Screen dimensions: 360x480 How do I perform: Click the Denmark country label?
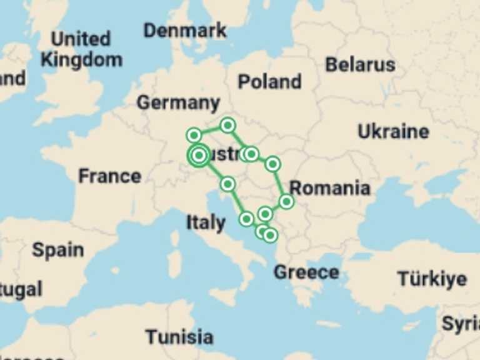click(x=184, y=30)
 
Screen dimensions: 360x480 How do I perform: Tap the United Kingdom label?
click(x=81, y=49)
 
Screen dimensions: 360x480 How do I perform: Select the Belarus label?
click(x=360, y=64)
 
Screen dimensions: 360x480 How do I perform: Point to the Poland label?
click(x=269, y=81)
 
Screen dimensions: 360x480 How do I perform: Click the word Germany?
click(x=178, y=102)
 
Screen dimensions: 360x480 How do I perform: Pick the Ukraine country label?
click(x=393, y=132)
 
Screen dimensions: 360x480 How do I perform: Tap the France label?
click(x=109, y=176)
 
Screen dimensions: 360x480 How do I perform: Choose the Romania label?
click(x=329, y=187)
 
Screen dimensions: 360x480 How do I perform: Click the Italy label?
click(x=206, y=222)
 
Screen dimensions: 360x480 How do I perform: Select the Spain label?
click(x=57, y=250)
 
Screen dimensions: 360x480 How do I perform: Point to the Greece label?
click(x=306, y=272)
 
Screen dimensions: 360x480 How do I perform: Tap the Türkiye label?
click(x=432, y=279)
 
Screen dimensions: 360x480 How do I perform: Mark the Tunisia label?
click(x=179, y=337)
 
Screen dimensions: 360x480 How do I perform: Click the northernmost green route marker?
click(x=227, y=126)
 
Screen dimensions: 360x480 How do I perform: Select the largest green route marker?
click(x=199, y=155)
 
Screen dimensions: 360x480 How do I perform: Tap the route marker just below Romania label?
click(x=286, y=201)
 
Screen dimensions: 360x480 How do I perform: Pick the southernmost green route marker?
click(x=269, y=235)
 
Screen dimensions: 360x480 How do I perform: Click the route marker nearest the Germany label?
click(x=194, y=134)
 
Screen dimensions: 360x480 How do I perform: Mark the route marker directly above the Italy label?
click(x=227, y=184)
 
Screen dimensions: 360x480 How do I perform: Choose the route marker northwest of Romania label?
click(x=272, y=164)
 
